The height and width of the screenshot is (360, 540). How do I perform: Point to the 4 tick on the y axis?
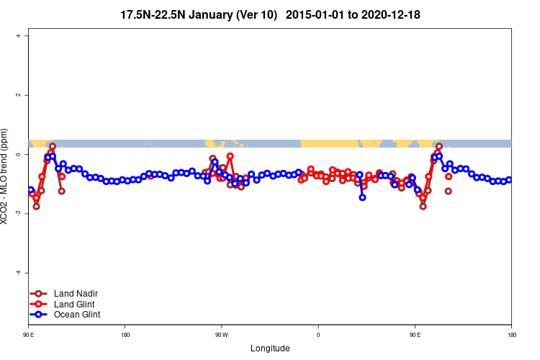click(26, 36)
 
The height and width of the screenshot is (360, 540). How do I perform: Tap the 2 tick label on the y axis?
click(26, 95)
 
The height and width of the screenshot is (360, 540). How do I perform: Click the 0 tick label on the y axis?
click(26, 154)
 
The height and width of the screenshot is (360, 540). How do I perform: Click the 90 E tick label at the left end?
click(28, 335)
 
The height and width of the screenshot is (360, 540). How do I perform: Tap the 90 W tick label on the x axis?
click(221, 335)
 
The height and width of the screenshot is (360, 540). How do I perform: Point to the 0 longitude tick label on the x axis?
click(318, 335)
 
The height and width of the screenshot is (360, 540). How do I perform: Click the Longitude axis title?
click(270, 348)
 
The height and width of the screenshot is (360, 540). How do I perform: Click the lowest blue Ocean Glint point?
click(362, 197)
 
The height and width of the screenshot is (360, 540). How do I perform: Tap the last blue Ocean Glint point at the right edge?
click(509, 180)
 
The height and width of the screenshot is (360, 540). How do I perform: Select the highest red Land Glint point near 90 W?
click(230, 156)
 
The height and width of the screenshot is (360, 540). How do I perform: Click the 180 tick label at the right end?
click(511, 335)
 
